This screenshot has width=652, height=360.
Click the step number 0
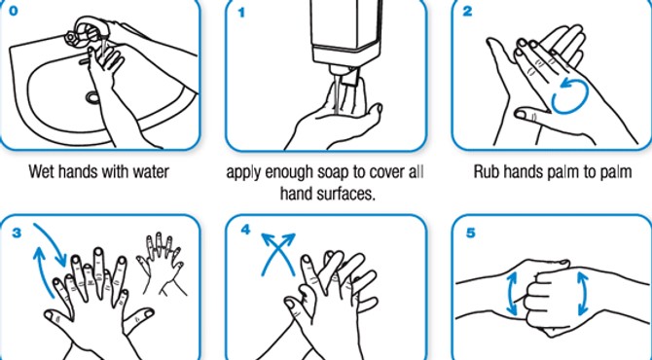tap(13, 11)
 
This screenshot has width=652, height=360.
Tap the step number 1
tap(241, 13)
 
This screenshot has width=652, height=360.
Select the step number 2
tap(467, 12)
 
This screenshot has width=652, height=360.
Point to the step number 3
tap(17, 233)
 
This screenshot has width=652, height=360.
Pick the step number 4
tap(245, 230)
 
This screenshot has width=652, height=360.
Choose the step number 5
tap(470, 233)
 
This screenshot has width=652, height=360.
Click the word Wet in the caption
tap(42, 171)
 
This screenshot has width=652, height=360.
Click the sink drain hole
tap(91, 97)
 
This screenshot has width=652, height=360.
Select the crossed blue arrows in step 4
tap(277, 254)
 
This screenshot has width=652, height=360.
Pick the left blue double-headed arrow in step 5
tap(512, 293)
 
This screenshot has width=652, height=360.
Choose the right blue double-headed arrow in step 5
tap(582, 293)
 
